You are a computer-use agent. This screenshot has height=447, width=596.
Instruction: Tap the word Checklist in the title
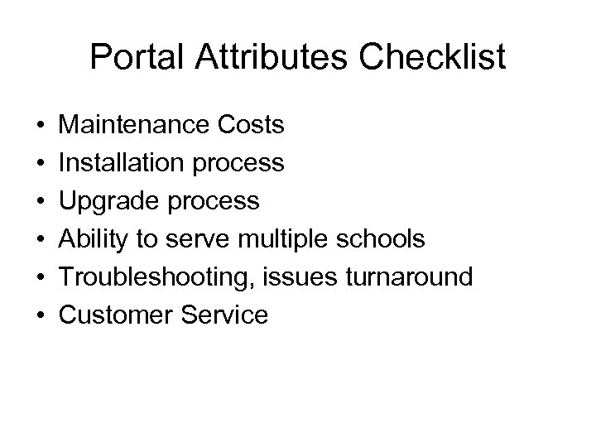point(430,58)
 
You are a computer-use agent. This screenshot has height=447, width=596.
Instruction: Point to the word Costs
point(253,126)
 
